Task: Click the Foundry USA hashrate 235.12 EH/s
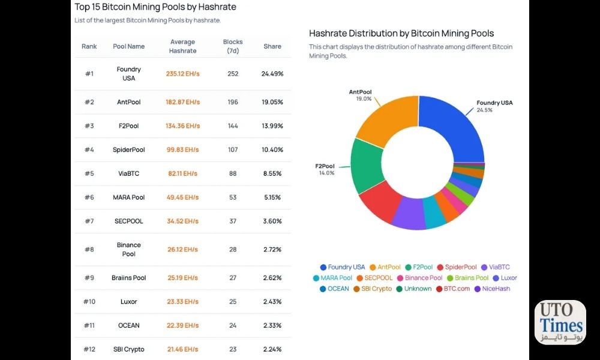pos(182,74)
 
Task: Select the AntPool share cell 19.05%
pos(272,102)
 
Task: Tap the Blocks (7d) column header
pos(233,46)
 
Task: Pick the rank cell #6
pos(89,197)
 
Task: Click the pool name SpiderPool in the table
pos(128,149)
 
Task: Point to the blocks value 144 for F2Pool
pos(233,126)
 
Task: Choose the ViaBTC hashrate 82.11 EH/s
pos(182,173)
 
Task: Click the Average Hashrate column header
pos(182,46)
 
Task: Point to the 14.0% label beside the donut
pos(327,173)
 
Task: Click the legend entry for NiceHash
pos(492,289)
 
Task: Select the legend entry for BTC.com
pos(453,289)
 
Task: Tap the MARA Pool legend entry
pos(332,278)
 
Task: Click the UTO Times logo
pos(560,322)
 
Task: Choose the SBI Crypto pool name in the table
pos(128,349)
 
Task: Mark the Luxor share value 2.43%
pos(272,302)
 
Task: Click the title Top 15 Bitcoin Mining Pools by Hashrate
pos(155,7)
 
